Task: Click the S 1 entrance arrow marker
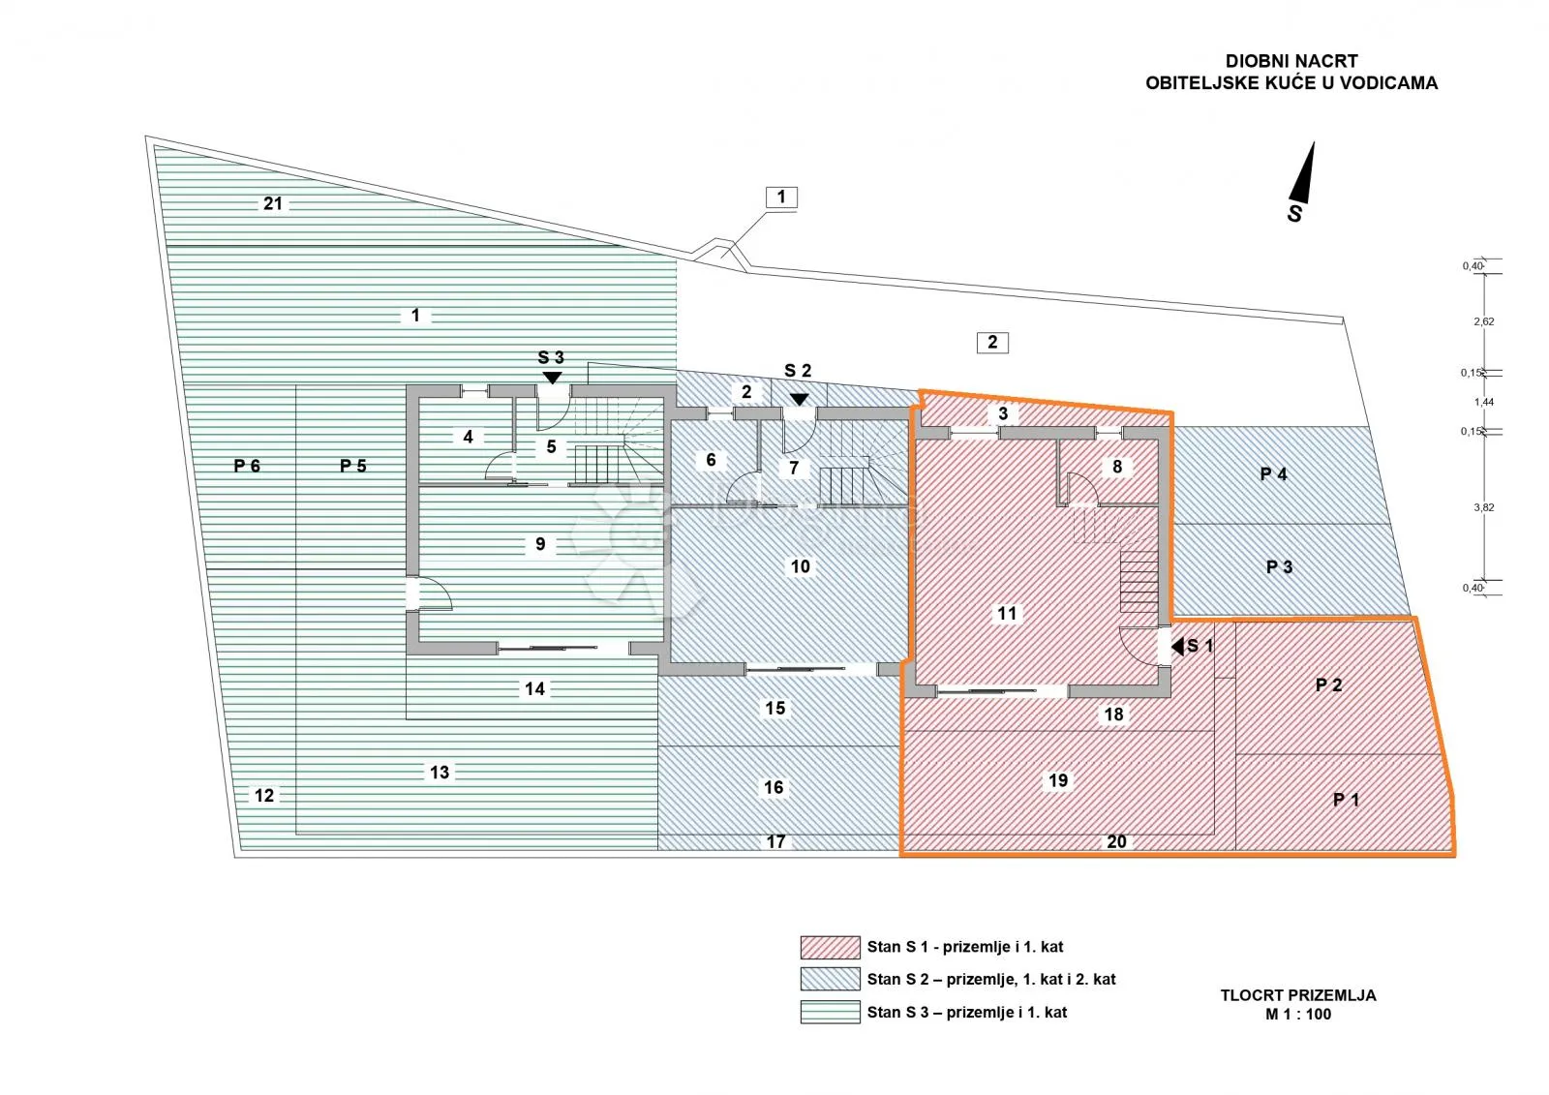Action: coord(1177,647)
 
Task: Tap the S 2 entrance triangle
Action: coord(799,399)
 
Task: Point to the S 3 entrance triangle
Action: coord(552,378)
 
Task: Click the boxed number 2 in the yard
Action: coord(992,343)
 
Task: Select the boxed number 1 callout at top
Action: coord(781,198)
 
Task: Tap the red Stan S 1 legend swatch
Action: coord(831,948)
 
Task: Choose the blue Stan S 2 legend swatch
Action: coord(831,980)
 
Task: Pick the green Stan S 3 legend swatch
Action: coord(831,1012)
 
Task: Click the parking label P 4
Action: coord(1273,473)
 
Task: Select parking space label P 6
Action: coord(247,466)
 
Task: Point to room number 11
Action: coord(1007,613)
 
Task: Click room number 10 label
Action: coord(800,566)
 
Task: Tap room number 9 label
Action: coord(540,544)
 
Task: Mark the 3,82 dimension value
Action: coord(1484,507)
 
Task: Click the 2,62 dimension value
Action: coord(1484,321)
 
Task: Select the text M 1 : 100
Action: coord(1298,1014)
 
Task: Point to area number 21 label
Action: coord(272,203)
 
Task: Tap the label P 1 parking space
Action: coord(1347,800)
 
